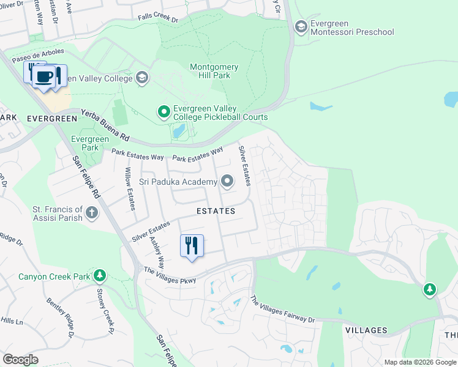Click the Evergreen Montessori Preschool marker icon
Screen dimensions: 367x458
click(301, 26)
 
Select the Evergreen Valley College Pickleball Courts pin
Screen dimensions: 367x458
click(163, 111)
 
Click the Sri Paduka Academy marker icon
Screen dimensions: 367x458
click(227, 181)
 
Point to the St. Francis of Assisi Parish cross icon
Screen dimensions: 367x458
click(92, 213)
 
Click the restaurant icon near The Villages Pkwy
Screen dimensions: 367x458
click(192, 246)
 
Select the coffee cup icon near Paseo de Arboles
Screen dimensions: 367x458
click(43, 77)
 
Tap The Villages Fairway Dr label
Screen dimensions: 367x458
click(282, 310)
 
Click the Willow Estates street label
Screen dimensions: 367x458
click(130, 189)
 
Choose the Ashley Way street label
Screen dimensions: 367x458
click(157, 253)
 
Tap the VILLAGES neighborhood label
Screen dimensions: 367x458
click(366, 330)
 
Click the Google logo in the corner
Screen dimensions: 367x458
click(20, 359)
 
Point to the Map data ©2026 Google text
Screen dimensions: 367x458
click(419, 362)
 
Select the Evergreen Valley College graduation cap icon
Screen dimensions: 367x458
click(142, 78)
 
